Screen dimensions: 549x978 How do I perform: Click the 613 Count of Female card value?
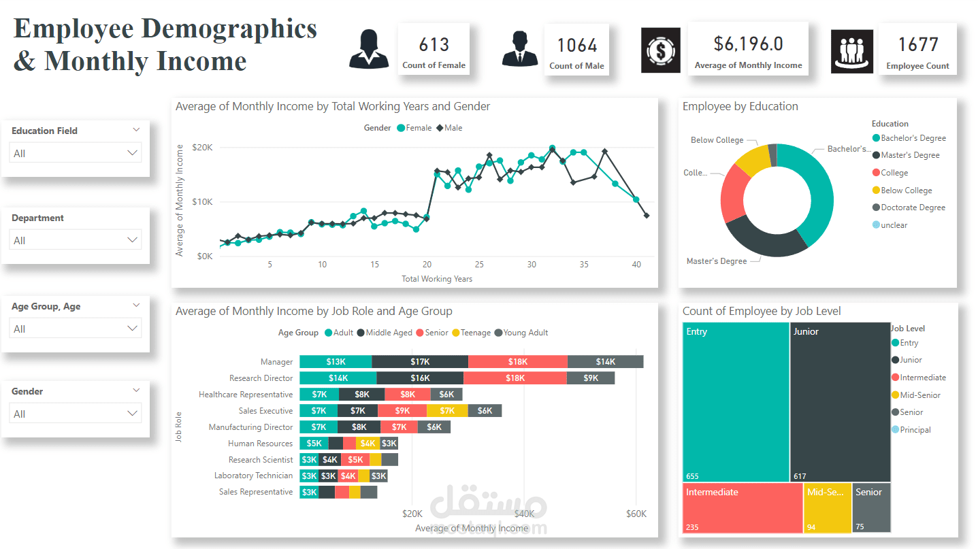(434, 45)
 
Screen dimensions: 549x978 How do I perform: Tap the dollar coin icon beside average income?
(660, 50)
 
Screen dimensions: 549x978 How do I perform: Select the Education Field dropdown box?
(75, 153)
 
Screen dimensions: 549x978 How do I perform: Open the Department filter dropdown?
(75, 240)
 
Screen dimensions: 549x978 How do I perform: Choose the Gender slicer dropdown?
(75, 414)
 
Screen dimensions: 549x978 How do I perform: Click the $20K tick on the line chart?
(202, 148)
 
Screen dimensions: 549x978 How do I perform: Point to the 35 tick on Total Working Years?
(583, 265)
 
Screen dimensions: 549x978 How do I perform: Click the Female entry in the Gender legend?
(414, 128)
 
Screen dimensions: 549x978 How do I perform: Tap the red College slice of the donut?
(732, 194)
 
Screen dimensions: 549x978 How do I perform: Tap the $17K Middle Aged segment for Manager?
(420, 362)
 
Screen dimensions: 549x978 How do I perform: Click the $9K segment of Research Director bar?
(591, 378)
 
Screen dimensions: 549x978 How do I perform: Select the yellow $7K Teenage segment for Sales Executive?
(447, 411)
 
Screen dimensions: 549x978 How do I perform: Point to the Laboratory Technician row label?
(253, 476)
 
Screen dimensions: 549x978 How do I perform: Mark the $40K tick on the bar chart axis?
(524, 514)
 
